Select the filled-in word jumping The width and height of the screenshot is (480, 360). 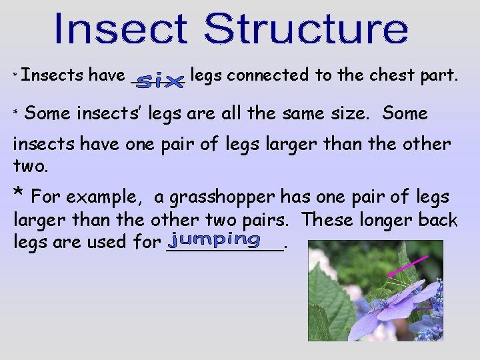coord(215,239)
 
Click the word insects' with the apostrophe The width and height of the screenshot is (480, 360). coord(109,113)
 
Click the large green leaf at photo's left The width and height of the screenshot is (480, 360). coord(330,293)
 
